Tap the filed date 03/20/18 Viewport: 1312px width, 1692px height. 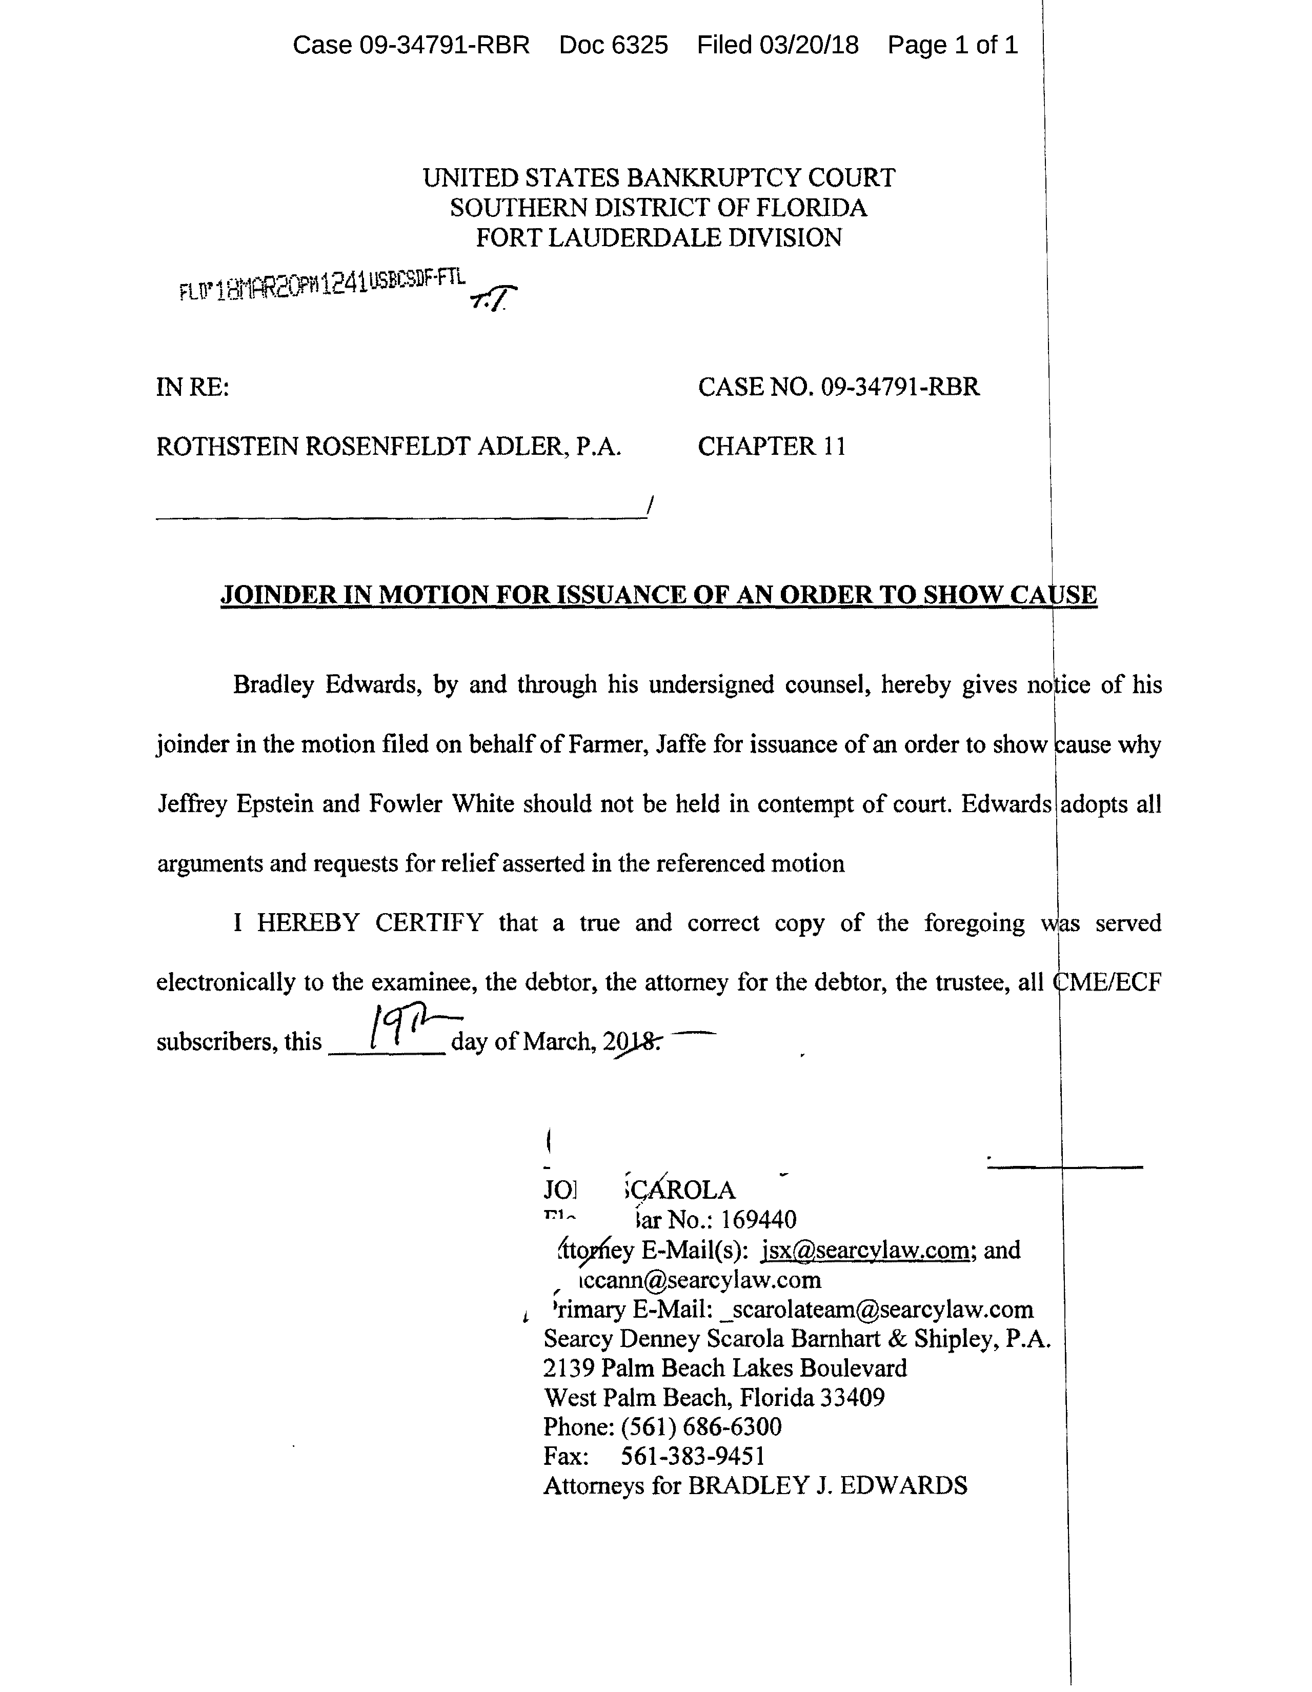click(x=809, y=46)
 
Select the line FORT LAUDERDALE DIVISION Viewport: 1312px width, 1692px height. click(x=658, y=237)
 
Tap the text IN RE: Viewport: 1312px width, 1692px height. click(x=193, y=387)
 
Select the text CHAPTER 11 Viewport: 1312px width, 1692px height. click(x=772, y=446)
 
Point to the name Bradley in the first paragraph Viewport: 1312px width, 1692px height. click(x=273, y=685)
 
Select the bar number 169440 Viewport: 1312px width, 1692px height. click(x=758, y=1220)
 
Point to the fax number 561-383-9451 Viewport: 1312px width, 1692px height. click(x=693, y=1457)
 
